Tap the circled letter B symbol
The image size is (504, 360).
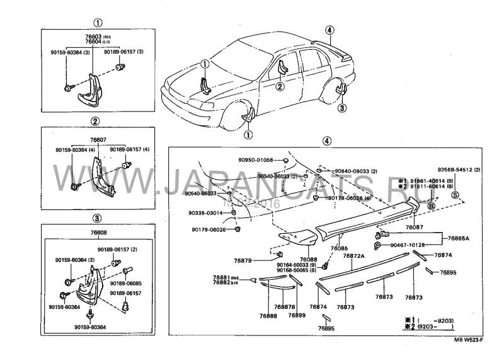coord(431,206)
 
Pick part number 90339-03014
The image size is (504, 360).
coord(207,214)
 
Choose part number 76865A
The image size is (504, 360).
coord(461,239)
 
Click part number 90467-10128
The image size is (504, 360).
coord(408,245)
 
